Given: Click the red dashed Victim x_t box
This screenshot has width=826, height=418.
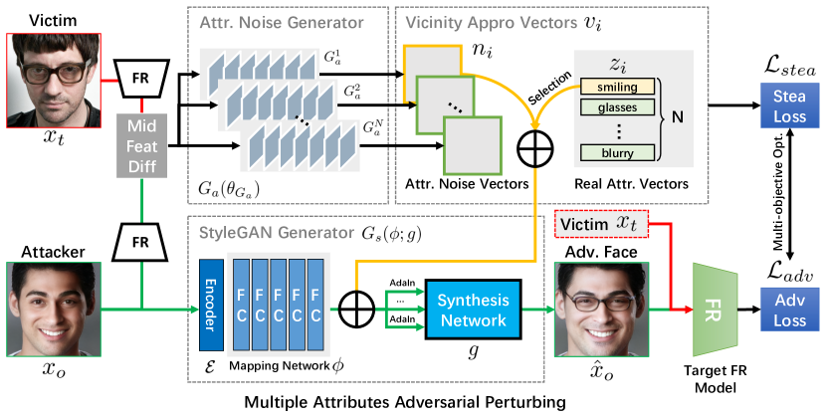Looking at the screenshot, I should click(600, 226).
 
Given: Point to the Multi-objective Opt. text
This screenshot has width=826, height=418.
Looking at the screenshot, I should click(779, 199).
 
